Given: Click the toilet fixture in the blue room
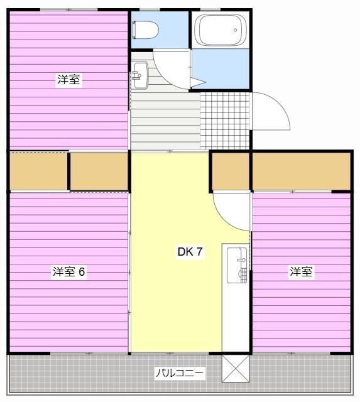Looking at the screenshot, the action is [x=145, y=30].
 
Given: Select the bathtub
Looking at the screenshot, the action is [x=221, y=30].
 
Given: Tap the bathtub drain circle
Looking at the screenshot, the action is [x=236, y=30].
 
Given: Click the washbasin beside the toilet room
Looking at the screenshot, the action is [x=140, y=75].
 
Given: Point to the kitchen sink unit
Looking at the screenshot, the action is [x=237, y=265].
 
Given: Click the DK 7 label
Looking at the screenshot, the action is [x=190, y=251].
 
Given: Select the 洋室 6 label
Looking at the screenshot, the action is [x=68, y=271].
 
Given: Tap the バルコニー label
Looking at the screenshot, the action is [x=180, y=372].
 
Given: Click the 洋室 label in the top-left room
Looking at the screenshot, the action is [x=68, y=80].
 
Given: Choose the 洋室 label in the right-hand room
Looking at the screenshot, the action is [x=301, y=271].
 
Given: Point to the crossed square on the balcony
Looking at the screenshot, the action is [x=236, y=369].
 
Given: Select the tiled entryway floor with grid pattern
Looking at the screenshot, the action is [x=225, y=121].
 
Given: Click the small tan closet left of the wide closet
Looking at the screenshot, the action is [x=230, y=171].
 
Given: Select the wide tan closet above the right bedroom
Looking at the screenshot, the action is [x=302, y=171].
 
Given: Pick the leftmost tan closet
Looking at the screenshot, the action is [x=38, y=171].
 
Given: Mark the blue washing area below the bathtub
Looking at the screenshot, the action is [x=221, y=68].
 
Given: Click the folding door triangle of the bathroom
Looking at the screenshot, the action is [x=198, y=82].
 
